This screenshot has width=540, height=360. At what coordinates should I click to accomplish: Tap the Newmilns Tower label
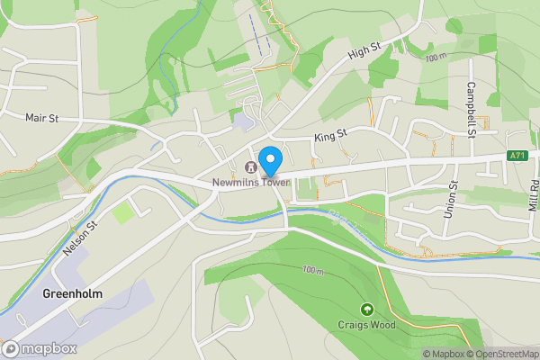tap(251, 183)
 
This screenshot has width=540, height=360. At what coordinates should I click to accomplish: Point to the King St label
tap(329, 136)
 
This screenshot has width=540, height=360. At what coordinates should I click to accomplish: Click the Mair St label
tap(41, 117)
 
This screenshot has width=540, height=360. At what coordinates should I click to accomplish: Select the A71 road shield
tap(517, 156)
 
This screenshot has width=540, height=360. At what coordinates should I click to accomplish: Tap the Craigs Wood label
tap(366, 325)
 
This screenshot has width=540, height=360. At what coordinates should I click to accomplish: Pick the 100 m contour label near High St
tap(436, 58)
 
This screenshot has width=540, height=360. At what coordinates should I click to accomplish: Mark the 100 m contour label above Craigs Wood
tap(312, 270)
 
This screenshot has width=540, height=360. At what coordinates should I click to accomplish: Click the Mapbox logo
tap(40, 347)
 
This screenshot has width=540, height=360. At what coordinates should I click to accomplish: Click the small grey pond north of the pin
tap(243, 120)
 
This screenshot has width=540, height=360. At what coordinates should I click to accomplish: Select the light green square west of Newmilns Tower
tap(122, 213)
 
